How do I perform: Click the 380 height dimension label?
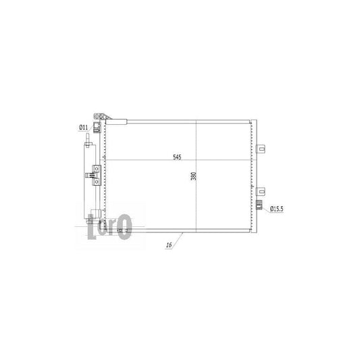coord(193,176)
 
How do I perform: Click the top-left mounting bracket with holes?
coord(99,117)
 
